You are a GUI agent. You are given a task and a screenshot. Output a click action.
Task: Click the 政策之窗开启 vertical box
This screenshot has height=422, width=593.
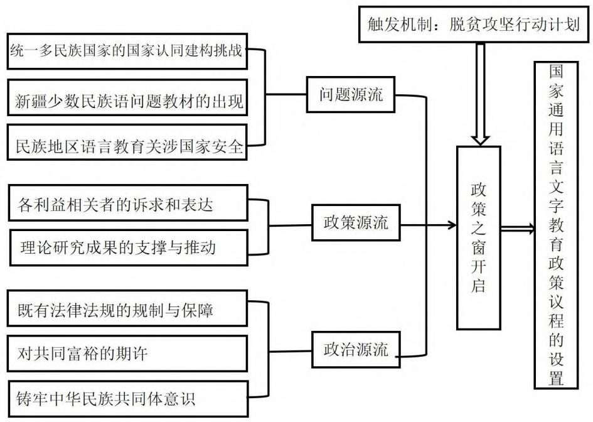478,238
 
